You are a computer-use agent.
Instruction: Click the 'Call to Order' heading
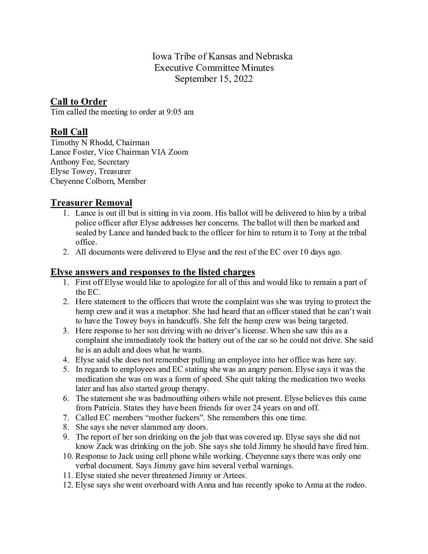tap(78, 102)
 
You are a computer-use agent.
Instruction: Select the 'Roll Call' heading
tap(69, 132)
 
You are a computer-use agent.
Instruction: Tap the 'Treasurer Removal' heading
tap(91, 203)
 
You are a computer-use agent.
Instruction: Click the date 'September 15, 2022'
tap(214, 79)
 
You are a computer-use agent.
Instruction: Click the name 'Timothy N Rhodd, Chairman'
tap(100, 142)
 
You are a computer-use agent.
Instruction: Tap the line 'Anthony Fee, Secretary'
tap(90, 162)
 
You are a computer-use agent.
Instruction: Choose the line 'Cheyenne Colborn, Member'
tap(98, 181)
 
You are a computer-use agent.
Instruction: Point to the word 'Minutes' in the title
tap(258, 68)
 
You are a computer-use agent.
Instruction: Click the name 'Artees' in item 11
tap(233, 475)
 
